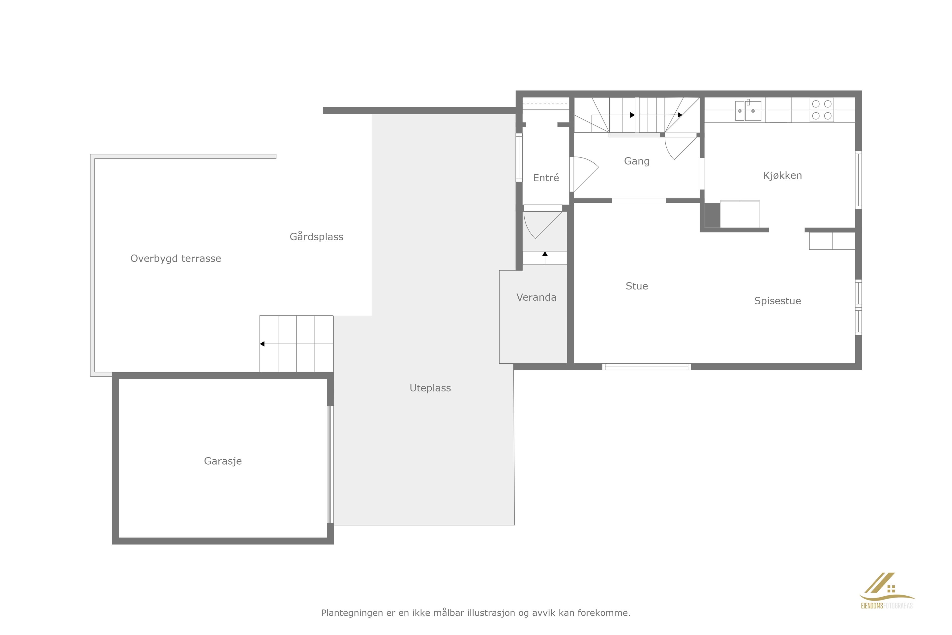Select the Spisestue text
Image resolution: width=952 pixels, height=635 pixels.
click(777, 301)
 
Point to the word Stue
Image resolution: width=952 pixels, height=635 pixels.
click(636, 286)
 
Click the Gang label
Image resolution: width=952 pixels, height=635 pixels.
click(636, 161)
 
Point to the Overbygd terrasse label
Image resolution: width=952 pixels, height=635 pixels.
click(176, 258)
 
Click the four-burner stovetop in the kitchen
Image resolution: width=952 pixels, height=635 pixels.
click(822, 110)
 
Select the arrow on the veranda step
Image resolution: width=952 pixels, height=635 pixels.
click(545, 257)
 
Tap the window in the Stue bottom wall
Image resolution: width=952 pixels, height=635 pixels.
click(646, 367)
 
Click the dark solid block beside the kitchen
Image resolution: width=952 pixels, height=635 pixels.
click(712, 216)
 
